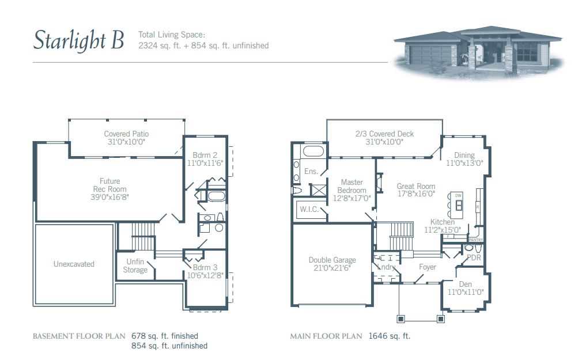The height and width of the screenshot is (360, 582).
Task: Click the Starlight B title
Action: [x=78, y=40]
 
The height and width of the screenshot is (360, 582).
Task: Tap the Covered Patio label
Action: [x=126, y=134]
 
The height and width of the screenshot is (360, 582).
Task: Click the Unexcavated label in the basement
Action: [x=74, y=264]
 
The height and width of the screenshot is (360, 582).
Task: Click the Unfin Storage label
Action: [x=135, y=266]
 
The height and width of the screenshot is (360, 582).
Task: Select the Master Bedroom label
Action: [x=352, y=186]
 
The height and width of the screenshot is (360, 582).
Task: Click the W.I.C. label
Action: [x=308, y=209]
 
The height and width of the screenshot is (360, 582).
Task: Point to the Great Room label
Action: [x=416, y=187]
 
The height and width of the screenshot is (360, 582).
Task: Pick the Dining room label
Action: [x=464, y=155]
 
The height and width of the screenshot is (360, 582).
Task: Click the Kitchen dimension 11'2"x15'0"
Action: [x=443, y=230]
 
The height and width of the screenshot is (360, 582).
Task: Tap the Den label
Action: [x=465, y=284]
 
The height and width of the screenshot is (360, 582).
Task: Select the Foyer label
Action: [x=427, y=267]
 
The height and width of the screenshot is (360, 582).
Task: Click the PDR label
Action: [x=474, y=257]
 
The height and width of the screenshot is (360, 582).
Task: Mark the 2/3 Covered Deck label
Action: [x=384, y=134]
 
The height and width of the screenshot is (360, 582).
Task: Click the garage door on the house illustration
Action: [x=429, y=55]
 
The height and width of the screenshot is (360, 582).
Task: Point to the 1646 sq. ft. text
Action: [x=390, y=336]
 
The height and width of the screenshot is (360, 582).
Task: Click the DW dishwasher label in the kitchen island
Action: [x=459, y=196]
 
